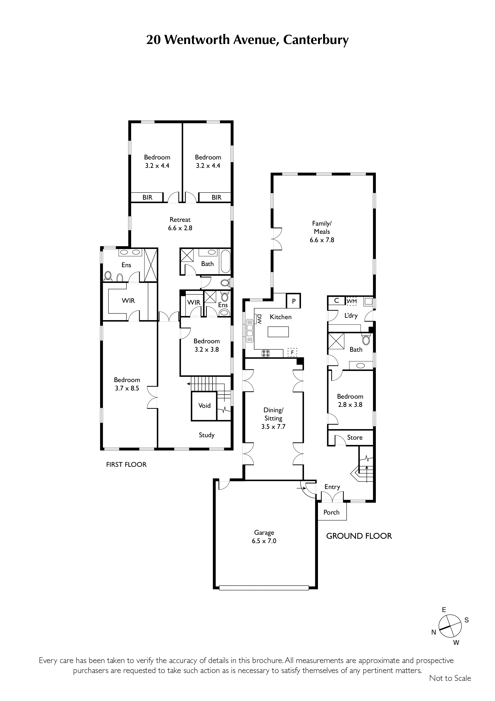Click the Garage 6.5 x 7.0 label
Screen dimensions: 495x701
pyautogui.click(x=264, y=537)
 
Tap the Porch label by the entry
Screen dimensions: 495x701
pyautogui.click(x=332, y=512)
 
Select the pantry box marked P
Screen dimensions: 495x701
pyautogui.click(x=294, y=301)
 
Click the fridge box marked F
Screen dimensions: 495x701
pyautogui.click(x=292, y=352)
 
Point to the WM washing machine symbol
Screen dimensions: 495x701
pyautogui.click(x=352, y=301)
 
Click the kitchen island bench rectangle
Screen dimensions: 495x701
pyautogui.click(x=278, y=332)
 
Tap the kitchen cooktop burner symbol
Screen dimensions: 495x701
pyautogui.click(x=266, y=353)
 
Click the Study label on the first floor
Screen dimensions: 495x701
pyautogui.click(x=206, y=435)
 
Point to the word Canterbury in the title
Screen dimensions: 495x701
pyautogui.click(x=316, y=40)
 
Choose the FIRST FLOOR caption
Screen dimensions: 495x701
pyautogui.click(x=126, y=464)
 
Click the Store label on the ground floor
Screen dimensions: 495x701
pyautogui.click(x=355, y=437)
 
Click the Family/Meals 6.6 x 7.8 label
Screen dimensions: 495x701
pyautogui.click(x=322, y=232)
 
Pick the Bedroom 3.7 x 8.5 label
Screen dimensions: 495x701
pyautogui.click(x=127, y=384)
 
